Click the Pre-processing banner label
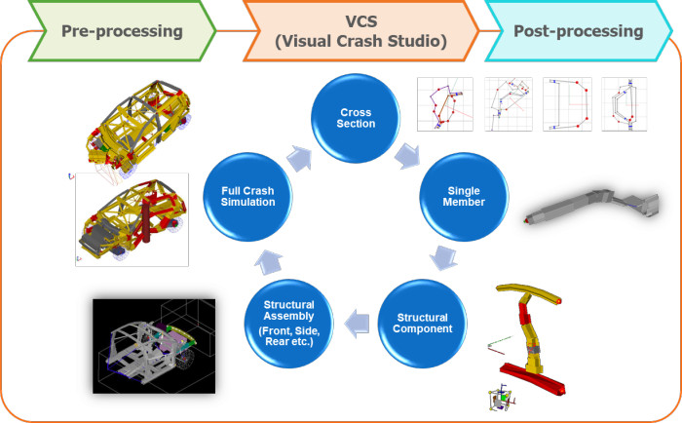pos(122,31)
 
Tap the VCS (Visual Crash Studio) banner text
pos(360,31)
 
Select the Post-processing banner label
pos(579,31)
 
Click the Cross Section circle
pos(356,118)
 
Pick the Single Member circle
pos(464,196)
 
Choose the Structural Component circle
pos(422,324)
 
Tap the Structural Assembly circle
pos(288,324)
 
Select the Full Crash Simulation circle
pos(247,196)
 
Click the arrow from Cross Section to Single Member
pos(407,155)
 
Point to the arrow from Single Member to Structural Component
pos(443,257)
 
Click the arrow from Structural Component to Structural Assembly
pos(357,324)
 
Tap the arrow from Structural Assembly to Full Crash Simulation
pos(268,262)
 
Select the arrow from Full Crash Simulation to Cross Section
pos(299,158)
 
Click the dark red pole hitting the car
pos(146,215)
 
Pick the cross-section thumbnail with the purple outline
pos(445,104)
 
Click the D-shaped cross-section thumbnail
pos(567,104)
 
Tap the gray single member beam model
pos(591,205)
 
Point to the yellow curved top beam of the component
pos(528,292)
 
